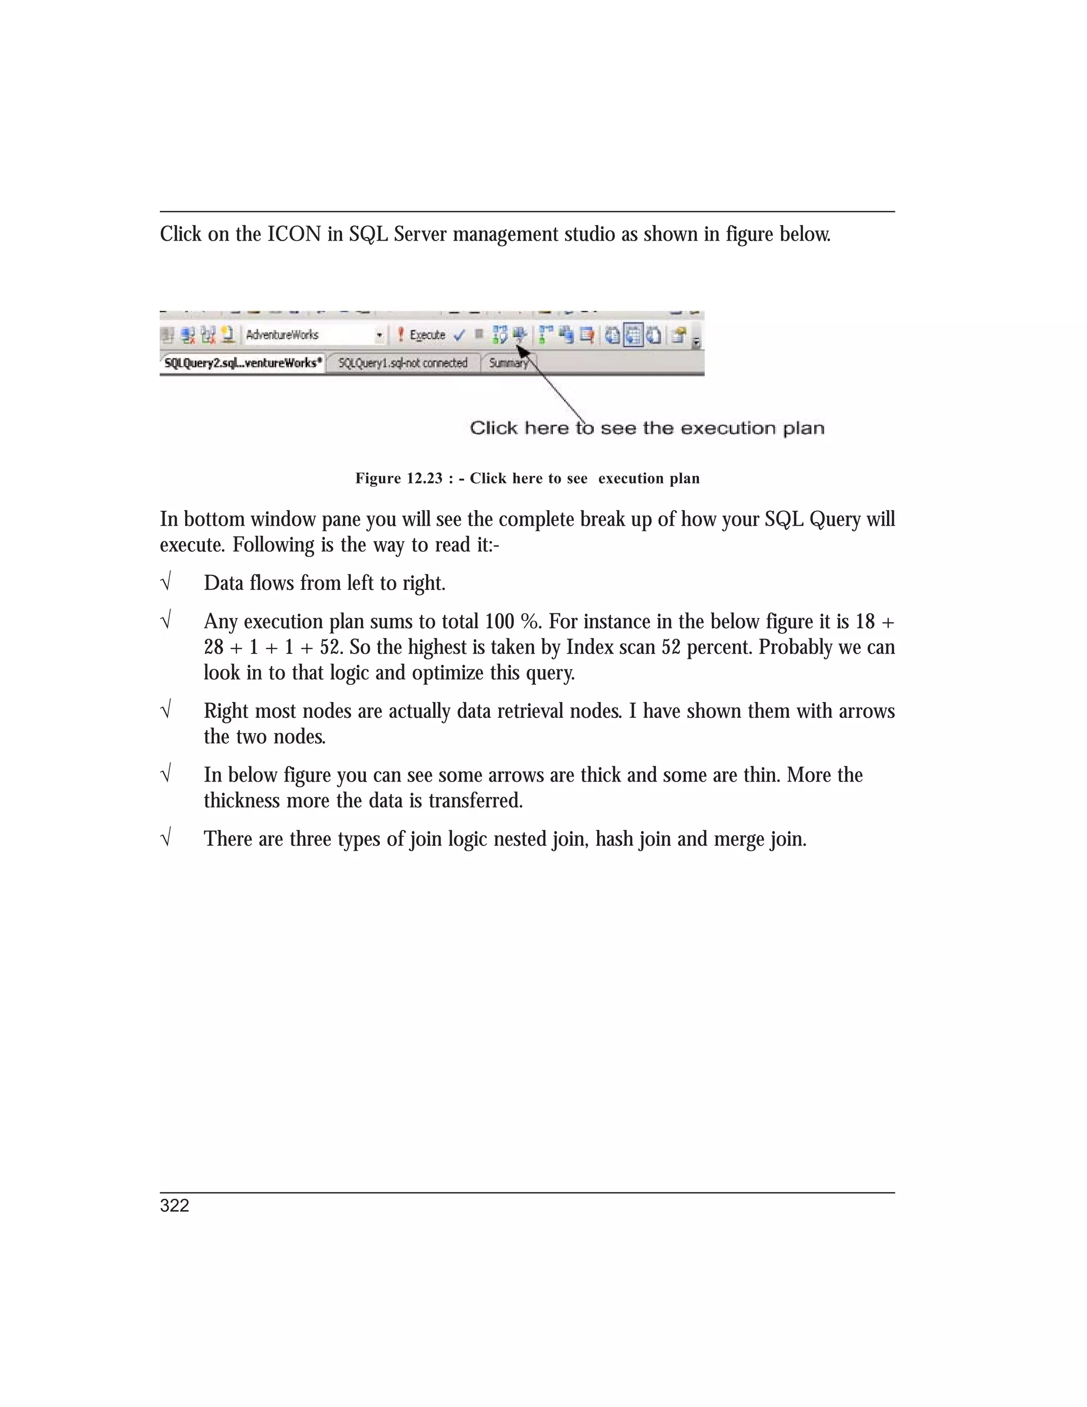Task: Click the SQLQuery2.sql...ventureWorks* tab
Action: (x=243, y=363)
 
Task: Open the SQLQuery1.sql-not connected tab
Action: (x=402, y=363)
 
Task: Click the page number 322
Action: (x=175, y=1206)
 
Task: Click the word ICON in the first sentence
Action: (x=294, y=234)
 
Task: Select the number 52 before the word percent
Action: (x=671, y=647)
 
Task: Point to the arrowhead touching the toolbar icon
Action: (x=522, y=351)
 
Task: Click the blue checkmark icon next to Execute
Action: (x=459, y=335)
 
